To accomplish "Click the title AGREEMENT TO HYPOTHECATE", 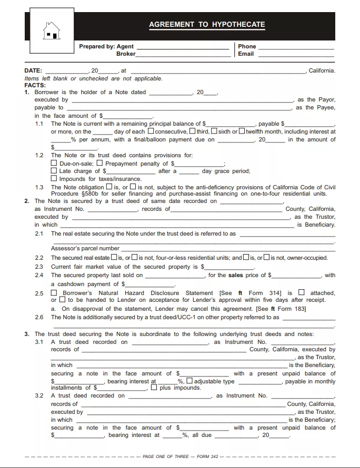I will pyautogui.click(x=207, y=25).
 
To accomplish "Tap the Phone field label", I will pyautogui.click(x=247, y=46).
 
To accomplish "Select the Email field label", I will pyautogui.click(x=246, y=54).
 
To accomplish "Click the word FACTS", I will pyautogui.click(x=35, y=85).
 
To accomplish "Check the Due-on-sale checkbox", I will pyautogui.click(x=54, y=164).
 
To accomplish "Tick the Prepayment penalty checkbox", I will pyautogui.click(x=100, y=164).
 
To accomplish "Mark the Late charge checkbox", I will pyautogui.click(x=54, y=171).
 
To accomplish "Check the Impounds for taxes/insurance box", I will pyautogui.click(x=54, y=179).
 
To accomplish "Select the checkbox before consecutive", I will pyautogui.click(x=151, y=131).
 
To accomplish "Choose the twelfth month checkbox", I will pyautogui.click(x=242, y=131).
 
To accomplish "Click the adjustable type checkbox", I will pyautogui.click(x=189, y=381).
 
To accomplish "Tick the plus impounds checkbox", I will pyautogui.click(x=154, y=388).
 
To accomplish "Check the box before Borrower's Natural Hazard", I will pyautogui.click(x=54, y=293).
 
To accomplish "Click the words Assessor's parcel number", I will pyautogui.click(x=85, y=248).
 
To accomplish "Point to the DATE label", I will pyautogui.click(x=33, y=70).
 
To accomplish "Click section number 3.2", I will pyautogui.click(x=39, y=395).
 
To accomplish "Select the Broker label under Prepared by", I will pyautogui.click(x=126, y=54).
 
